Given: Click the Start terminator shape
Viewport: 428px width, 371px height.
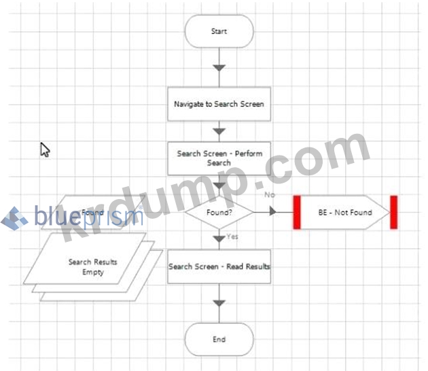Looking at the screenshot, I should [x=219, y=31].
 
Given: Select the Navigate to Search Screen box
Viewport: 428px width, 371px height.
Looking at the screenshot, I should [x=219, y=104].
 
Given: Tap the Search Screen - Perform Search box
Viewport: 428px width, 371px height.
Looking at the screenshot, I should [x=219, y=158].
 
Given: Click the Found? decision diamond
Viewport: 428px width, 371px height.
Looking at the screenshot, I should [x=219, y=212].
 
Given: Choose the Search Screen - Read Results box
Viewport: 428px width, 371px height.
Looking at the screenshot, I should [x=219, y=266].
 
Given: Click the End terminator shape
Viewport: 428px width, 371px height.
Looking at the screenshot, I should [x=219, y=339].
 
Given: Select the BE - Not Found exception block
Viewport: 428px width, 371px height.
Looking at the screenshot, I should [x=345, y=212].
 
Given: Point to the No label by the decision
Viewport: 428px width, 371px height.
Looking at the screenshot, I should [x=270, y=195].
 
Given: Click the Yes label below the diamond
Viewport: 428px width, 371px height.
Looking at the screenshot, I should [x=232, y=237].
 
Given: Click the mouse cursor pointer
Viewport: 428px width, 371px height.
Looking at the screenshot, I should [x=44, y=149].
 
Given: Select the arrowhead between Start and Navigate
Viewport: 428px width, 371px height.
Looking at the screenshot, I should [x=219, y=68].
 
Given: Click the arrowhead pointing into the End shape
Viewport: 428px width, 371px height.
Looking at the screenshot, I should [x=219, y=303].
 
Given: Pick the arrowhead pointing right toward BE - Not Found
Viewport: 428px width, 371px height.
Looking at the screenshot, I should [x=272, y=212].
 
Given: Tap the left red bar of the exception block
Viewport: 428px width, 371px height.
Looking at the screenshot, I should [x=297, y=212].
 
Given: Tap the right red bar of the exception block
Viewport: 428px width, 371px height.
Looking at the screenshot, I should [x=394, y=212].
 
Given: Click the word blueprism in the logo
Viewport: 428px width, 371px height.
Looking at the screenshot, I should [x=88, y=217].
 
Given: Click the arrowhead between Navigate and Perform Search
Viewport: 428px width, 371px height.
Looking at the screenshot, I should [x=219, y=131].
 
